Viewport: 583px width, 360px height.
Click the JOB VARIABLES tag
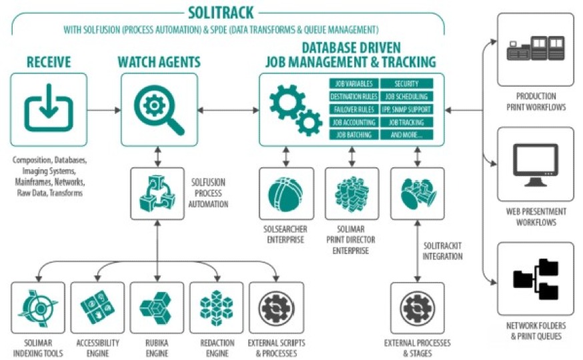(354, 84)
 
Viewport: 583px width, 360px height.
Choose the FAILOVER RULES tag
(354, 109)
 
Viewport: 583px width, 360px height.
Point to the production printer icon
(535, 51)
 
